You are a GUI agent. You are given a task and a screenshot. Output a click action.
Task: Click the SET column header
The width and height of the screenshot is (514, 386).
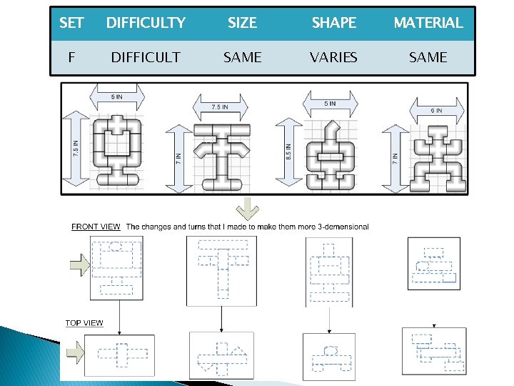point(71,23)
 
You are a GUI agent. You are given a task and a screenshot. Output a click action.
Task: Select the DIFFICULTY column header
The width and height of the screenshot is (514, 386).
point(146,23)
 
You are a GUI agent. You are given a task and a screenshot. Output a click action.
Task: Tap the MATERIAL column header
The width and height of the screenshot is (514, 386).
point(428,23)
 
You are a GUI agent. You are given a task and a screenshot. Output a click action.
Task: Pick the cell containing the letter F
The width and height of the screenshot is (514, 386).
point(71,57)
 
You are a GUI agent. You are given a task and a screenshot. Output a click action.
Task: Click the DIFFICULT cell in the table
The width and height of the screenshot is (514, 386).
point(146,57)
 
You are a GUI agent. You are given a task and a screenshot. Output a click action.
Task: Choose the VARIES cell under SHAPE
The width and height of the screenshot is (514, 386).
point(333,57)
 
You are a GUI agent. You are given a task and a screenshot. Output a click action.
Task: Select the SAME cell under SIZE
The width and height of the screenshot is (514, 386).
point(242,57)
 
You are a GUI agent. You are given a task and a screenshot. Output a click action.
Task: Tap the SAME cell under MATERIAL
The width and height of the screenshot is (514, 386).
point(428,57)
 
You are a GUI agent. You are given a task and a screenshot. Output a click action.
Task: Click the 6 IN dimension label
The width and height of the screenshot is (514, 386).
point(436,111)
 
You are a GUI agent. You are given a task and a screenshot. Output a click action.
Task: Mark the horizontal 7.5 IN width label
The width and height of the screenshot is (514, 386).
point(220,107)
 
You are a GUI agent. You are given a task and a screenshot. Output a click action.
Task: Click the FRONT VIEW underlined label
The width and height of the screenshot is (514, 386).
point(96,227)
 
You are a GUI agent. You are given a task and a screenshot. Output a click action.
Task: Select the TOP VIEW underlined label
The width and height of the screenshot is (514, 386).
point(84,323)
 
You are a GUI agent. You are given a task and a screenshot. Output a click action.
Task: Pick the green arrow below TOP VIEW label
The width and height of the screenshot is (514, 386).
point(75,352)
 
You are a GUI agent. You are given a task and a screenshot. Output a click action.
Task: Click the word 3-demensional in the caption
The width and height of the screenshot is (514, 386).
point(345,227)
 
